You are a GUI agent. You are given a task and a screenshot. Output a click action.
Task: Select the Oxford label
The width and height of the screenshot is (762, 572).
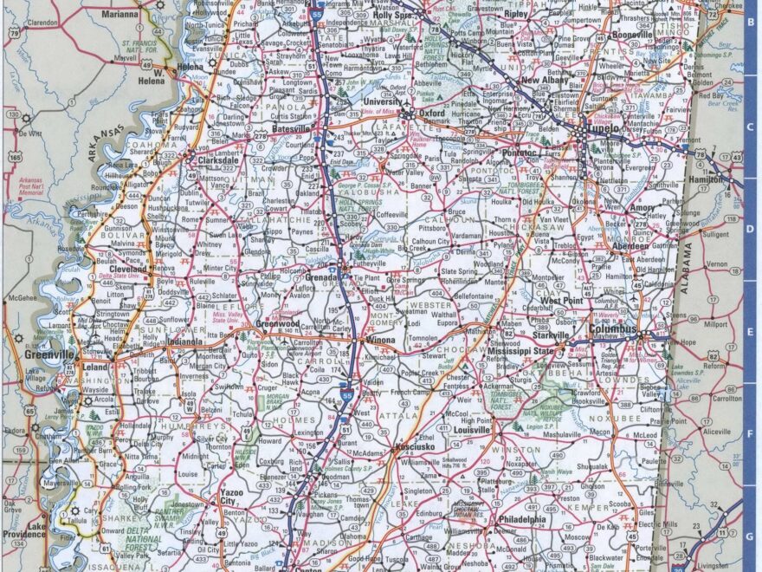431,113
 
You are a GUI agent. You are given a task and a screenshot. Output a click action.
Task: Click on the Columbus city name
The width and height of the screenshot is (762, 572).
613,330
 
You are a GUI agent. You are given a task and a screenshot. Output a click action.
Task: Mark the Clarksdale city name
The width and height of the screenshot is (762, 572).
217,160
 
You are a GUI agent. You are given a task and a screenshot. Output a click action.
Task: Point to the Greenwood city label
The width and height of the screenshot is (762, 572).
277,324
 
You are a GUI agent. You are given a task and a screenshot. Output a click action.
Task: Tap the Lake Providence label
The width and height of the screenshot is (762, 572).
36,530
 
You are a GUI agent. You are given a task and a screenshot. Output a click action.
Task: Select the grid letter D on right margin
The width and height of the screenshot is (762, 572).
750,230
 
